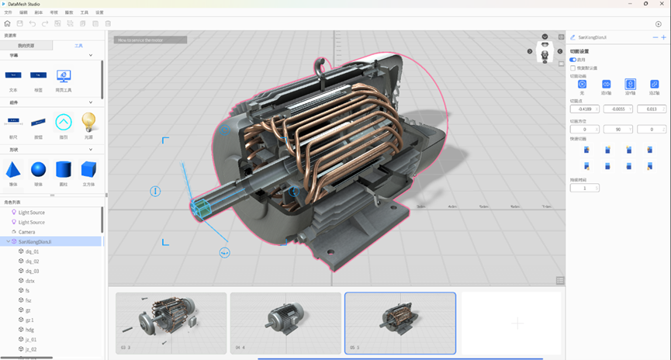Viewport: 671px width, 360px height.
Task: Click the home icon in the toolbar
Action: click(x=8, y=24)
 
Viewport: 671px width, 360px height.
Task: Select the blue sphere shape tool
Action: click(x=38, y=169)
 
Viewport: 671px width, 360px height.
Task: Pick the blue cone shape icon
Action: click(x=13, y=169)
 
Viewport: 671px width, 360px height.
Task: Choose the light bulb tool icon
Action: click(x=88, y=121)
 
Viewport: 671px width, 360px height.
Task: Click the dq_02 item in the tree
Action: click(x=33, y=261)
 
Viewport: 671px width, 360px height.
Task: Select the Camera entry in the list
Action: click(x=27, y=232)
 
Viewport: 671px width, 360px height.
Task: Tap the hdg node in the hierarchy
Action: click(x=29, y=329)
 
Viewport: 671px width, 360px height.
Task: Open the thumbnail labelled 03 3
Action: click(x=171, y=322)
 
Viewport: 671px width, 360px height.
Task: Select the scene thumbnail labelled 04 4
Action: click(x=285, y=322)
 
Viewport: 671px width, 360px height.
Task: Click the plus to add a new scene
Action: click(x=518, y=323)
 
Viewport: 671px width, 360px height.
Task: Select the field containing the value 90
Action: click(x=618, y=130)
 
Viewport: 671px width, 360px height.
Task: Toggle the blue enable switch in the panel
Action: click(x=573, y=60)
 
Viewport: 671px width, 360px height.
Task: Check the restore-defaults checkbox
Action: click(x=572, y=68)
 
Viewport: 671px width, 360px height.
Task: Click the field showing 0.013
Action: click(x=652, y=109)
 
